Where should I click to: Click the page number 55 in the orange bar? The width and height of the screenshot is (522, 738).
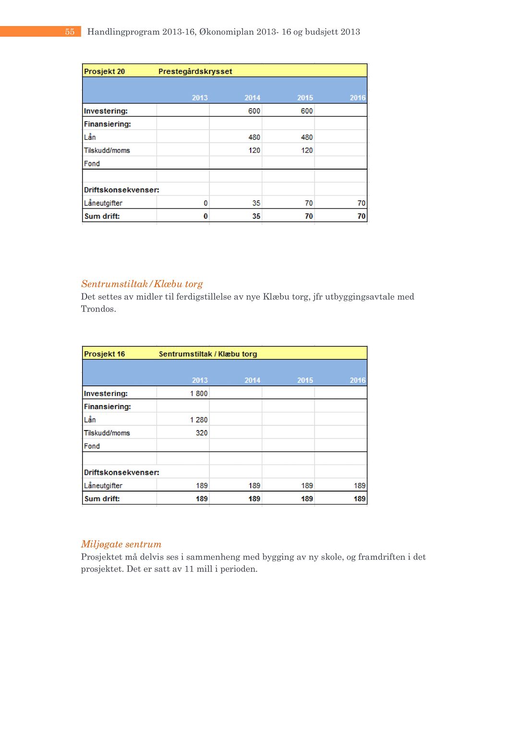70,32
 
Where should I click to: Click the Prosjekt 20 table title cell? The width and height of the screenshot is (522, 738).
104,72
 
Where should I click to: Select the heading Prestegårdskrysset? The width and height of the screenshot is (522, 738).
195,72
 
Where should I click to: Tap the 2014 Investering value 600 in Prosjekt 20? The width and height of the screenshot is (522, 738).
254,111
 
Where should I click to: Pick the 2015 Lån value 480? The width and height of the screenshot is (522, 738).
306,137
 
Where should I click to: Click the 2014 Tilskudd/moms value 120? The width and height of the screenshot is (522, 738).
254,150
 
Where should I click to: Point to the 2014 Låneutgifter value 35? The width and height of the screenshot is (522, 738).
256,203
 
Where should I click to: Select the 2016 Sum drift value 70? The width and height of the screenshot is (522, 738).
361,216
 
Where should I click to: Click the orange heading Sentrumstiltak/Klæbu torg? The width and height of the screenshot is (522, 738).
142,284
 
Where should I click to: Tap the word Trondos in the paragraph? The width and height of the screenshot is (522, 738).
98,309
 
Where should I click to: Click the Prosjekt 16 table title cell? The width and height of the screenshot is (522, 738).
104,354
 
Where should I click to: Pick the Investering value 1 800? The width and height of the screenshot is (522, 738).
199,394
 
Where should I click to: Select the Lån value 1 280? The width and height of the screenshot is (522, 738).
199,420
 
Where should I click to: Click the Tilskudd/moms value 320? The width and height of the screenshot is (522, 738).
202,433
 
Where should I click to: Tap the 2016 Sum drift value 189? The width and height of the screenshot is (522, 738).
360,499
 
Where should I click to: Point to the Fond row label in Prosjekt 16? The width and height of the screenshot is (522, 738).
92,446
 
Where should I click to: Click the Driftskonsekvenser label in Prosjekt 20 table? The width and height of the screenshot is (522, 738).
121,190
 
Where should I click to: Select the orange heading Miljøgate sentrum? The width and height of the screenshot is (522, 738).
121,544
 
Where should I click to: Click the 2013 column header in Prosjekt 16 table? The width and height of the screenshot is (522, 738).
200,380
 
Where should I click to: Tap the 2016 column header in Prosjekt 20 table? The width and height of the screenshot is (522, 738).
357,98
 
